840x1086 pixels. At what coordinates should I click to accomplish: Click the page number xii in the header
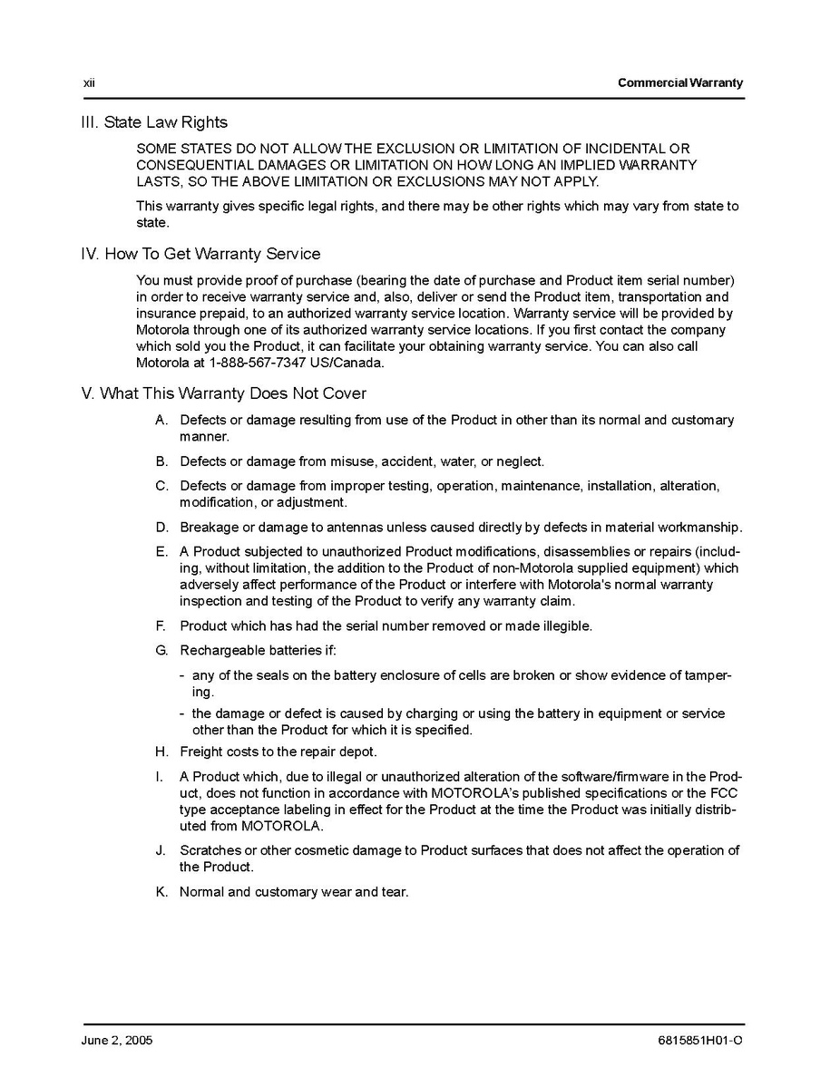tap(89, 82)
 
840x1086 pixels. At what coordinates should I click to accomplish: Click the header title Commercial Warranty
tap(679, 82)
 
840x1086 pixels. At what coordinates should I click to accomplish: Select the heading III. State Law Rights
tap(154, 122)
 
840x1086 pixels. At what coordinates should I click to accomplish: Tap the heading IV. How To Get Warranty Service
tap(200, 254)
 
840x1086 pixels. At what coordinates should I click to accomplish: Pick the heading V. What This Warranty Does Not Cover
tap(224, 393)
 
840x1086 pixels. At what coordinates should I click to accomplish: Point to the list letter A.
tap(161, 420)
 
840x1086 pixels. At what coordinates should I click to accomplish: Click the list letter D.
tap(161, 527)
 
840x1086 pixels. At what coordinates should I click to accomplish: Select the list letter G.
tap(161, 650)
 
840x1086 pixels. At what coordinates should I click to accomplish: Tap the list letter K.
tap(161, 892)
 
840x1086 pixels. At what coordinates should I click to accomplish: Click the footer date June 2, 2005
tap(117, 1041)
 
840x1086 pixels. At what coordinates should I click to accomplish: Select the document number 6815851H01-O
tap(698, 1041)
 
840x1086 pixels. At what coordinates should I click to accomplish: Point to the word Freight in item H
tap(201, 751)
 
